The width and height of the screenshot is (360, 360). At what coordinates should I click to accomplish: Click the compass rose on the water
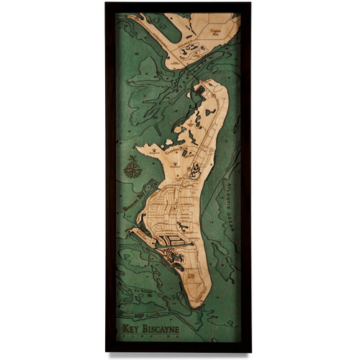(132, 171)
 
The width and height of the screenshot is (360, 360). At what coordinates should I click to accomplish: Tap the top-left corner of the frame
(107, 4)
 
